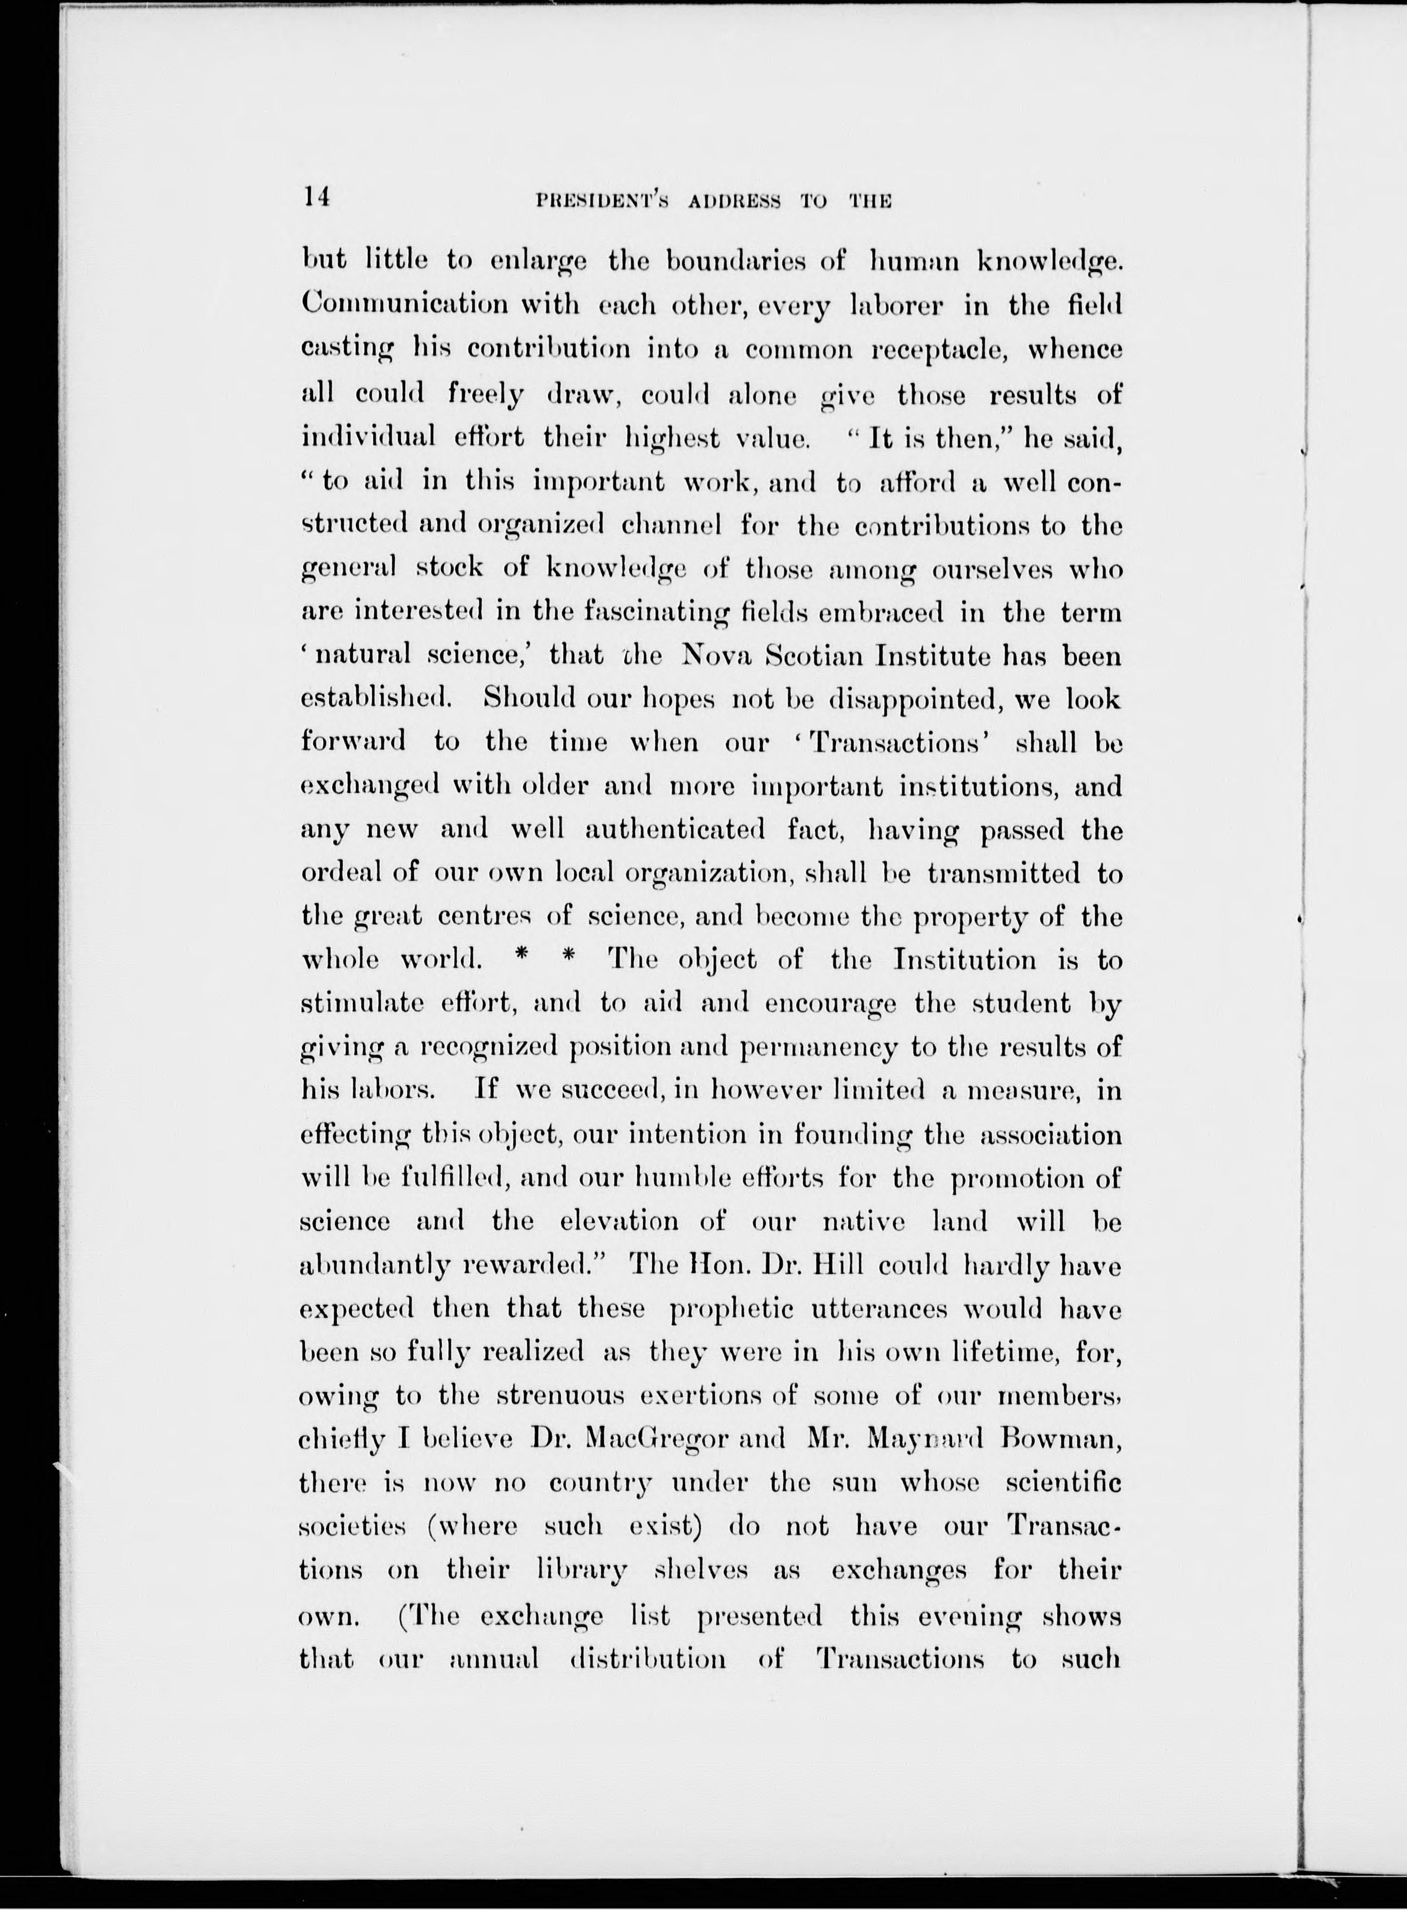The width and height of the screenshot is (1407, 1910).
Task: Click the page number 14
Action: click(x=315, y=198)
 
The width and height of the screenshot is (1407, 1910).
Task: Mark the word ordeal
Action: click(x=343, y=873)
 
